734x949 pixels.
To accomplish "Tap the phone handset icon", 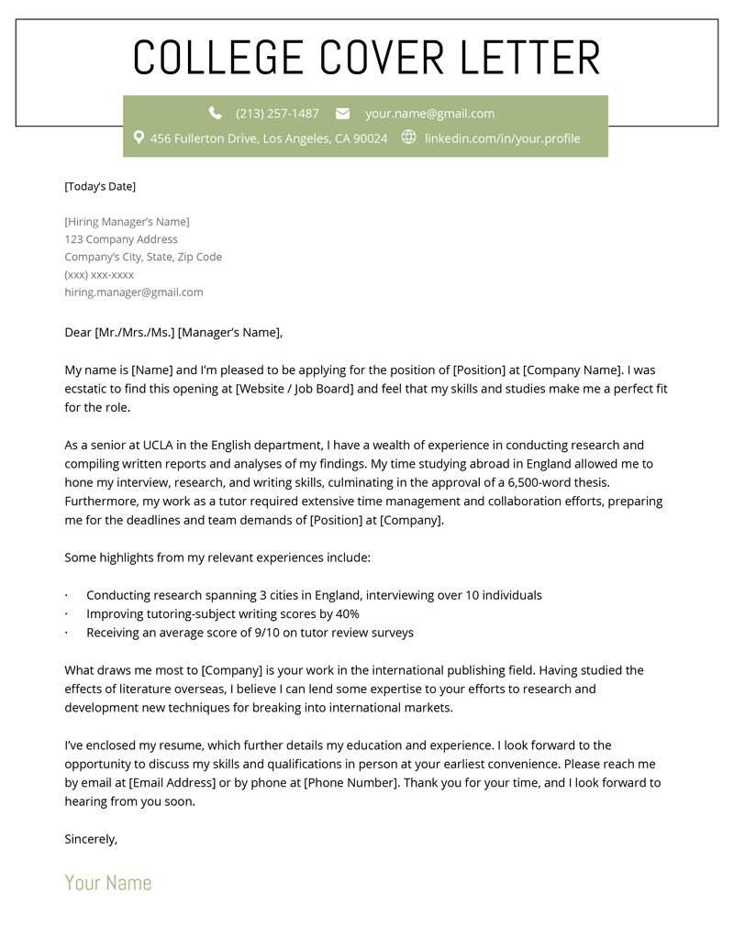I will click(x=215, y=113).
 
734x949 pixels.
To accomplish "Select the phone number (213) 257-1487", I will click(x=277, y=114).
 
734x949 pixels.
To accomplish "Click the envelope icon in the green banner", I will click(x=342, y=114).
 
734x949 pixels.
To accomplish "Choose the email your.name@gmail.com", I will click(x=429, y=114).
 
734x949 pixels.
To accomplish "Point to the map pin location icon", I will click(x=139, y=138).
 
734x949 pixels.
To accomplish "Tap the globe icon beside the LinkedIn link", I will click(x=408, y=138).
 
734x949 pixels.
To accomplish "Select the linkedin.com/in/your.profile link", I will click(x=502, y=138).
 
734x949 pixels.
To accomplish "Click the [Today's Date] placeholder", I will click(x=100, y=186).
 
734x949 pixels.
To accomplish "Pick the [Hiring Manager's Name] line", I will click(x=127, y=222).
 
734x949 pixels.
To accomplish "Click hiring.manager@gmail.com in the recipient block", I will click(x=134, y=292).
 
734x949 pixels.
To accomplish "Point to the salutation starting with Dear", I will click(x=173, y=333).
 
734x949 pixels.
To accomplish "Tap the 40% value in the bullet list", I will click(x=347, y=614).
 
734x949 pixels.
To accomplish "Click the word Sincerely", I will click(x=91, y=839).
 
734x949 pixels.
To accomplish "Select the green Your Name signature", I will click(x=108, y=883).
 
